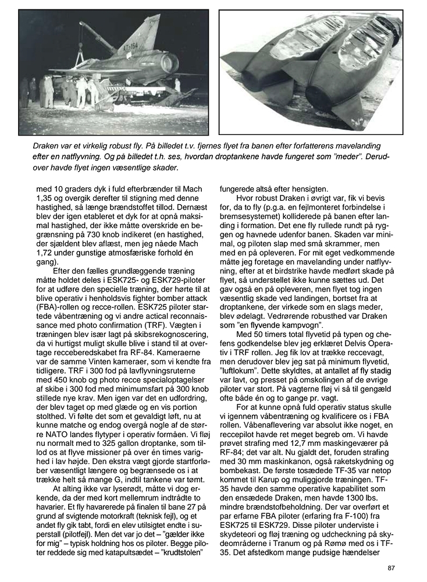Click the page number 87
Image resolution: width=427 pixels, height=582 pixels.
click(391, 568)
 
